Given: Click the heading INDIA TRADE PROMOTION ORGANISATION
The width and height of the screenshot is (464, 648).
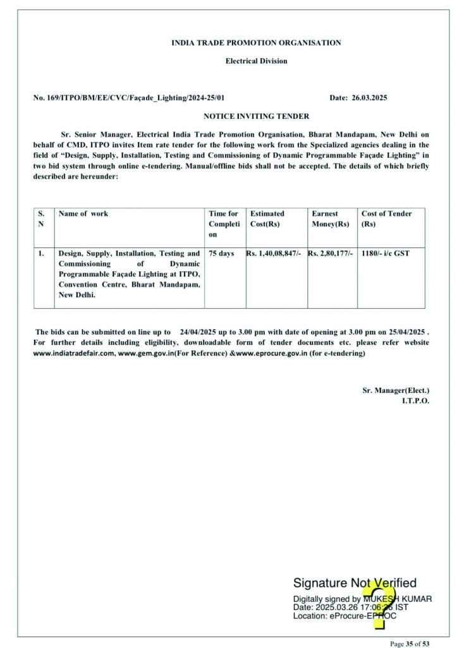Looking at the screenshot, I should click(x=256, y=43).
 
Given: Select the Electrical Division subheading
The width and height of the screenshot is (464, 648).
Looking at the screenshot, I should click(x=256, y=61).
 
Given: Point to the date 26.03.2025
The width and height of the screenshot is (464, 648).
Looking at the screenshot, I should click(x=369, y=98).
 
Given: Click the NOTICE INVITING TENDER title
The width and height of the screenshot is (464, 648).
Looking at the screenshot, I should click(x=256, y=116).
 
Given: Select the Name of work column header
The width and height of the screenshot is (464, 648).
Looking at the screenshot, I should click(x=83, y=214).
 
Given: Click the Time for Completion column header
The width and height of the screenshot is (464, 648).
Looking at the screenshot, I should click(x=224, y=224).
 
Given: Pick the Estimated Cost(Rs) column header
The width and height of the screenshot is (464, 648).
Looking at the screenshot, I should click(x=267, y=219).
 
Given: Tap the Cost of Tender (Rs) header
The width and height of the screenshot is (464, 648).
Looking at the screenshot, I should click(x=386, y=219).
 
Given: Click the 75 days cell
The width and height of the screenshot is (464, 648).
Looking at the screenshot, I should click(x=221, y=254).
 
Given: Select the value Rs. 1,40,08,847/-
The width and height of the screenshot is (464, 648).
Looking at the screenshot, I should click(x=275, y=254).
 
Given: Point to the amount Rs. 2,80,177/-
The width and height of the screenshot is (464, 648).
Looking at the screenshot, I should click(x=331, y=254).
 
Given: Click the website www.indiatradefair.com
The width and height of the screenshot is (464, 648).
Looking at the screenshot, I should click(x=74, y=353).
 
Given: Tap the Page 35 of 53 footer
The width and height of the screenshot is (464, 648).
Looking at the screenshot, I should click(x=410, y=644).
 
